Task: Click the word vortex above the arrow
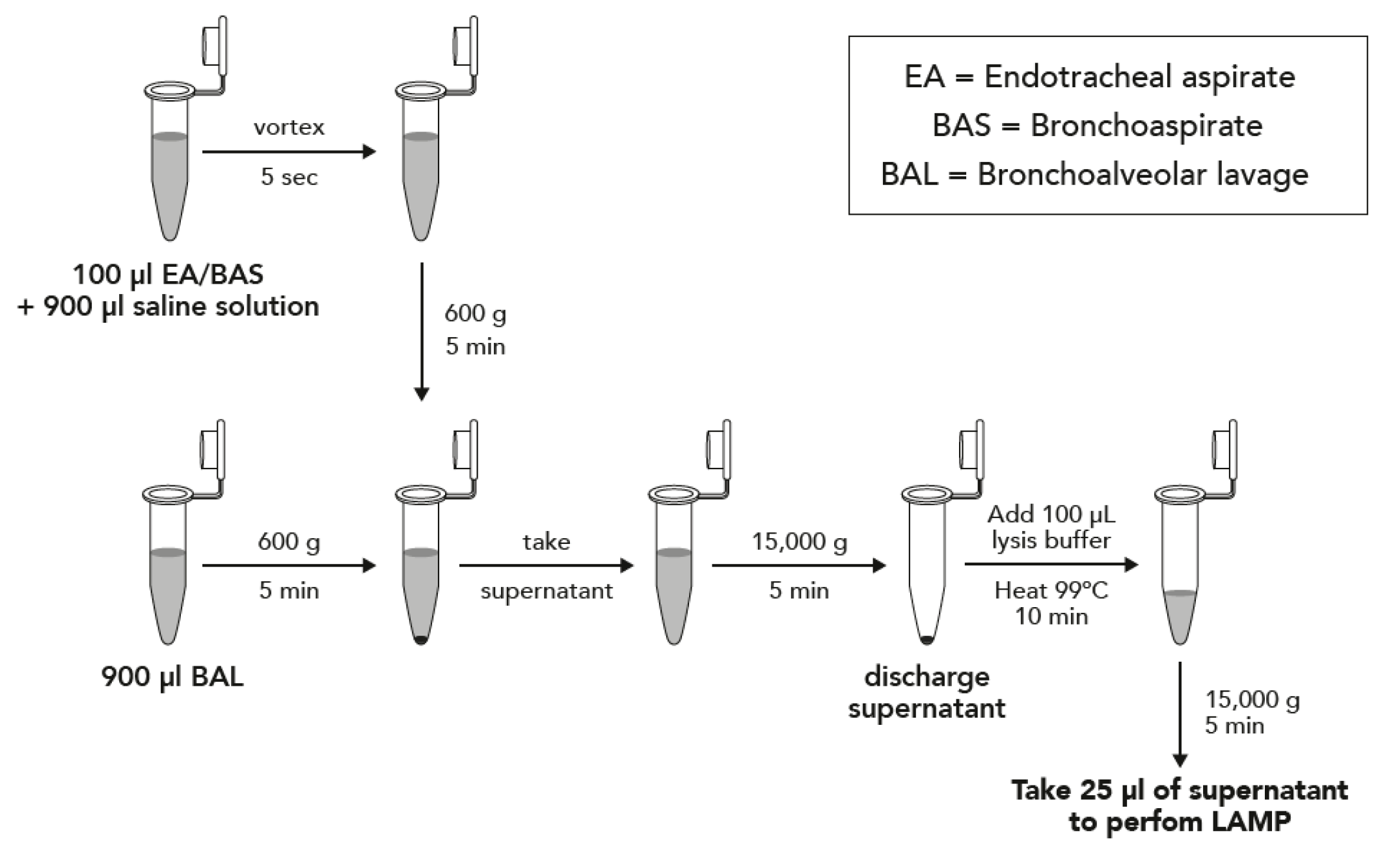pyautogui.click(x=289, y=127)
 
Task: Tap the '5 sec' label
pyautogui.click(x=289, y=176)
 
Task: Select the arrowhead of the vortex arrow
pyautogui.click(x=370, y=152)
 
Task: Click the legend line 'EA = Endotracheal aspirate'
pyautogui.click(x=1100, y=77)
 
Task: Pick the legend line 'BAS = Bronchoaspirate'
pyautogui.click(x=1097, y=126)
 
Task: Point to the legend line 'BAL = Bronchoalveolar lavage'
pyautogui.click(x=1094, y=174)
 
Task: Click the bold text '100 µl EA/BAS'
pyautogui.click(x=168, y=274)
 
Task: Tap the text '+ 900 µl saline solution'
pyautogui.click(x=168, y=306)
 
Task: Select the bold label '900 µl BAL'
pyautogui.click(x=172, y=677)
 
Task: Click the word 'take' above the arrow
pyautogui.click(x=546, y=541)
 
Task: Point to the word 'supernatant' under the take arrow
pyautogui.click(x=546, y=591)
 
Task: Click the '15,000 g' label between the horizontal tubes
pyautogui.click(x=799, y=541)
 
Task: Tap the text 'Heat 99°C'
pyautogui.click(x=1051, y=590)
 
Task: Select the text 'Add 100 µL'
pyautogui.click(x=1051, y=515)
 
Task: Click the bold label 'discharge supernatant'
pyautogui.click(x=927, y=692)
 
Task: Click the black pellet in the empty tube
pyautogui.click(x=927, y=640)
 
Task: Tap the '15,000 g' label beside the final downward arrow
pyautogui.click(x=1252, y=699)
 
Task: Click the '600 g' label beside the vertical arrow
pyautogui.click(x=475, y=314)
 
